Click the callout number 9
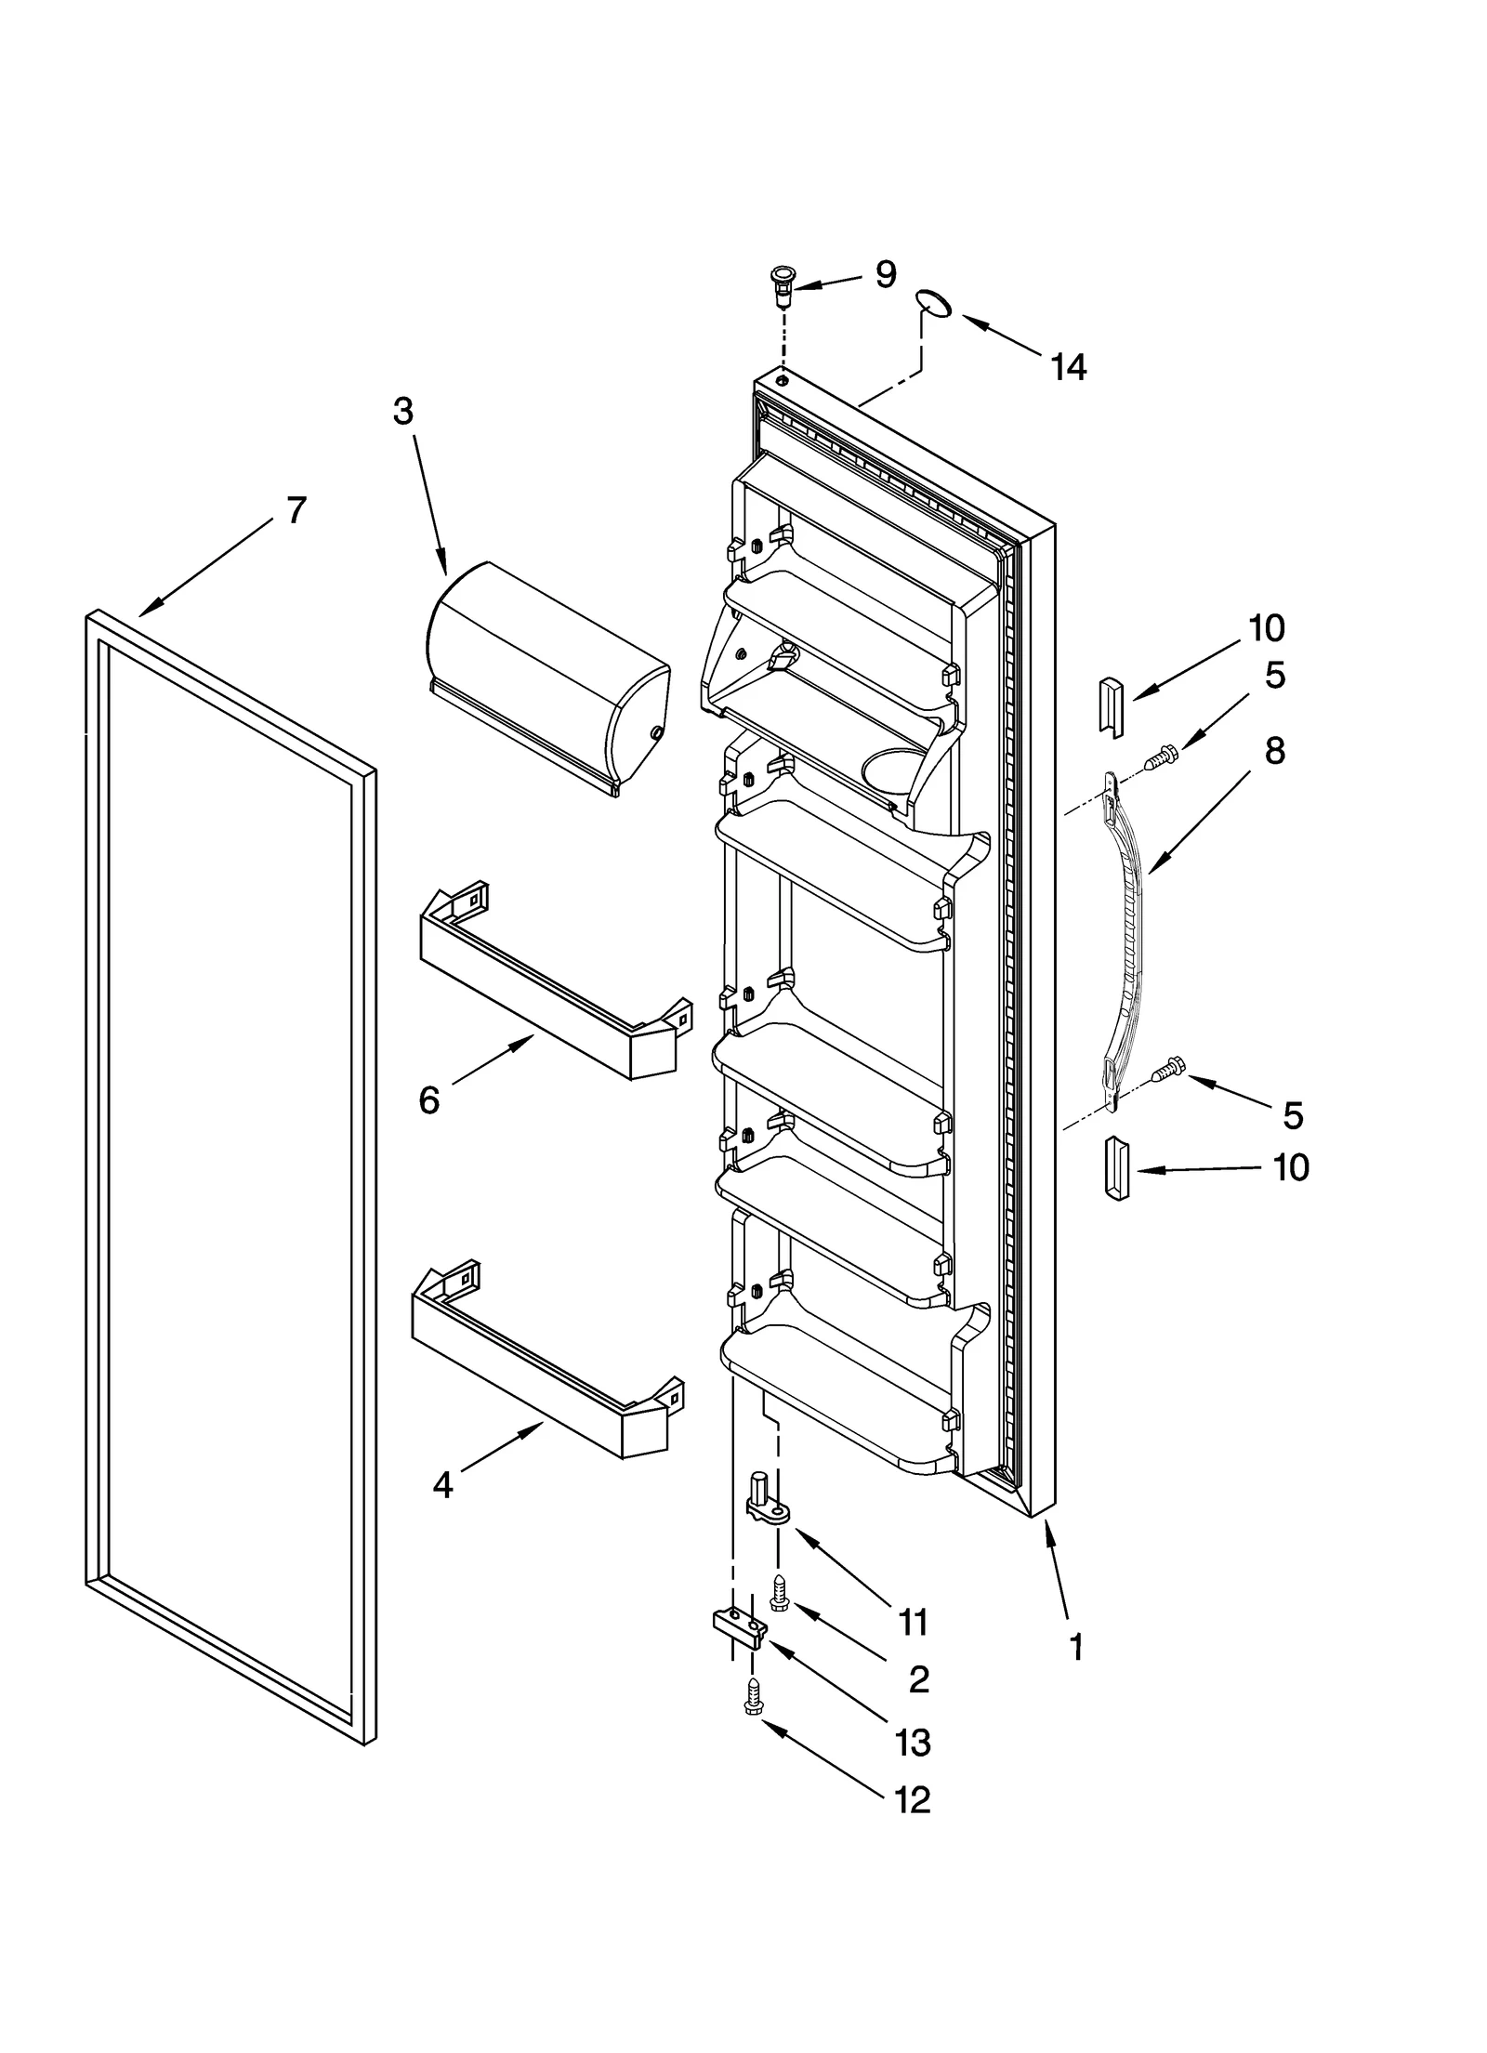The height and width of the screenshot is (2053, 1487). [885, 274]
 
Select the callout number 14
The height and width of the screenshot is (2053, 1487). [1068, 368]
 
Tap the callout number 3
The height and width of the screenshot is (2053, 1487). [402, 411]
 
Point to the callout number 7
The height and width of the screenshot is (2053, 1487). [296, 510]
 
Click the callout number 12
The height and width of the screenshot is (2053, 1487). [912, 1800]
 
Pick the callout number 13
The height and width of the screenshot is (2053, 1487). [913, 1743]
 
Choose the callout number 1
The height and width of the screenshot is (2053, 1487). [1076, 1648]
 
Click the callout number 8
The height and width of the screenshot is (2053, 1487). [1274, 751]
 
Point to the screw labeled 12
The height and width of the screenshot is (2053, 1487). [753, 1694]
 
